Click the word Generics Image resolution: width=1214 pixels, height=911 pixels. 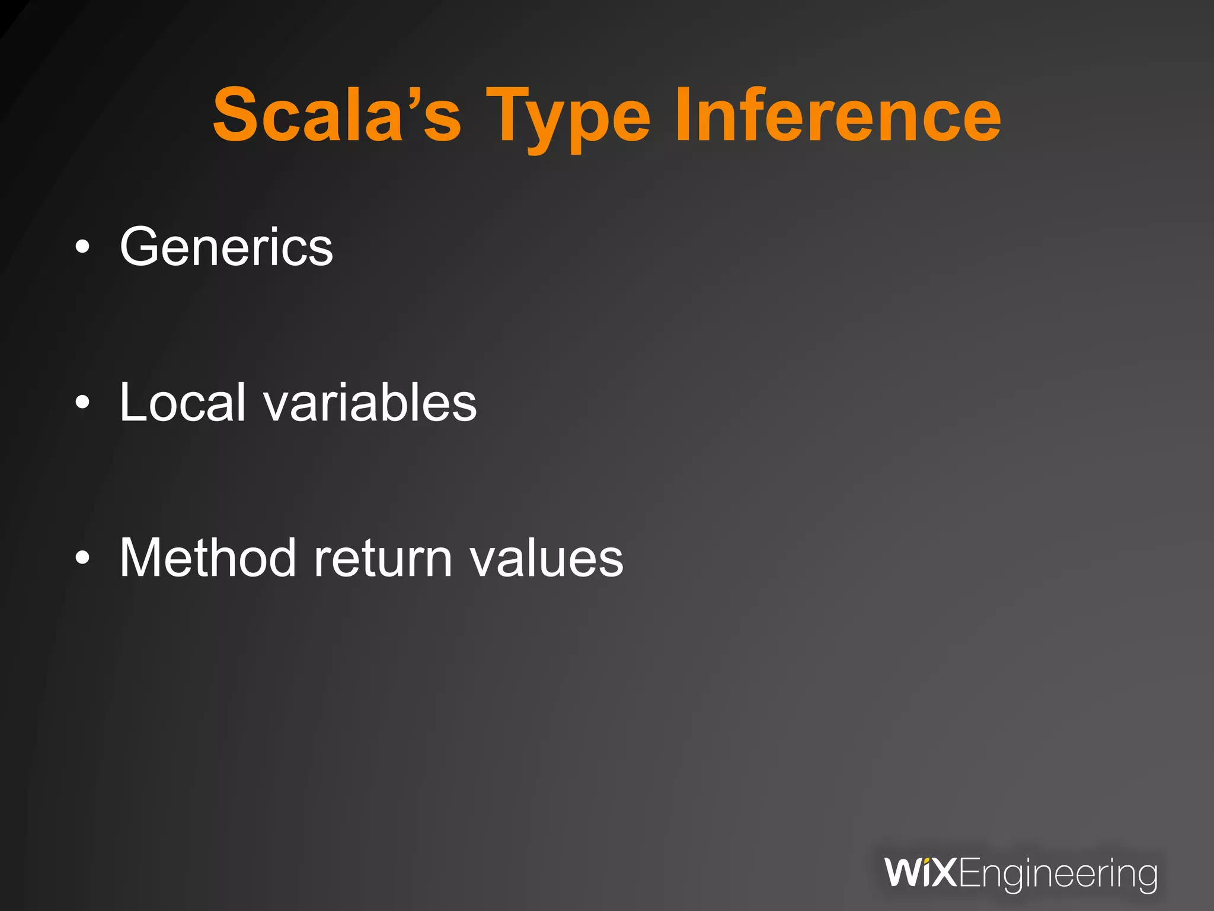[226, 247]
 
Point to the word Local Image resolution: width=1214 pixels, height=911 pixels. [182, 403]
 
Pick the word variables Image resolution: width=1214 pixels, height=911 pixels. [370, 403]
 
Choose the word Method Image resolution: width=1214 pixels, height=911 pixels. [207, 558]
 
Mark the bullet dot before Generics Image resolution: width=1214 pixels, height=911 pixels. [83, 247]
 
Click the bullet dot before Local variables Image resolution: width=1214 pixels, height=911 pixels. [83, 403]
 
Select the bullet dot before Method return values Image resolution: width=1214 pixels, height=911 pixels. [83, 558]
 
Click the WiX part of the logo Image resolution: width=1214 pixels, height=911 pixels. [920, 872]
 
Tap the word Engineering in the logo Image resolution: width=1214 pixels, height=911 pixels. [1057, 875]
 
